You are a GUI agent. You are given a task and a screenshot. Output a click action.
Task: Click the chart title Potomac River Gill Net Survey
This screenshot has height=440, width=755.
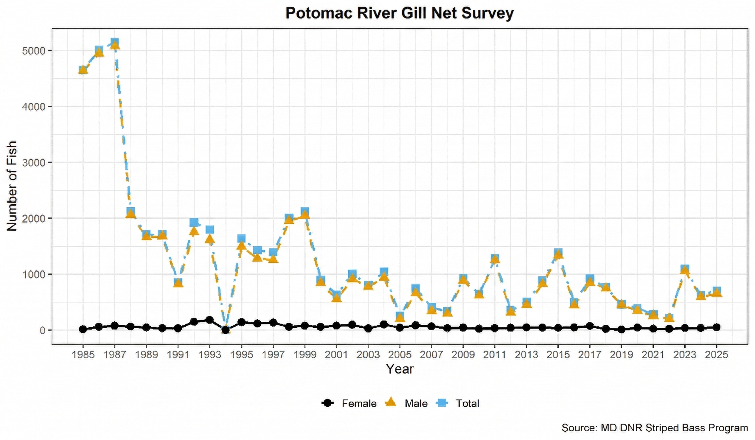click(399, 13)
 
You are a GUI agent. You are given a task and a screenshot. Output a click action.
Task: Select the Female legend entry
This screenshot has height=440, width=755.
click(349, 403)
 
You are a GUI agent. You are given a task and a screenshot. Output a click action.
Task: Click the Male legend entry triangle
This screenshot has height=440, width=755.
click(391, 403)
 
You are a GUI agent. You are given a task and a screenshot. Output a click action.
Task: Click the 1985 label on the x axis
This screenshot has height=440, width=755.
click(83, 355)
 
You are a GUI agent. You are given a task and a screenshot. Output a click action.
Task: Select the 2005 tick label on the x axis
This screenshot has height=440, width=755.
click(400, 355)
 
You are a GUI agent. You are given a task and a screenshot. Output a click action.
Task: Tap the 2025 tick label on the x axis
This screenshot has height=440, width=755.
click(716, 355)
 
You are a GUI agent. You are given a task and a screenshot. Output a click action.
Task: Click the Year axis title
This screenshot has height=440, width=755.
click(399, 369)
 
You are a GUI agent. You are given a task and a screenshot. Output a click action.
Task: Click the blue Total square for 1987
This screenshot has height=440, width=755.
click(115, 43)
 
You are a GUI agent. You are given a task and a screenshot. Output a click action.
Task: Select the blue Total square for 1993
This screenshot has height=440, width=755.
click(210, 230)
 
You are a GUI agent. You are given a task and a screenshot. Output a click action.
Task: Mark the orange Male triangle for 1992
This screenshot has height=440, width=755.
click(194, 231)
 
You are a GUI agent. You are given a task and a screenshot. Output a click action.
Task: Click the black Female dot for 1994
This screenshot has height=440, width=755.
click(226, 330)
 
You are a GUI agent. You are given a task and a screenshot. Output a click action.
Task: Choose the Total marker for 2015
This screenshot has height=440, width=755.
click(558, 253)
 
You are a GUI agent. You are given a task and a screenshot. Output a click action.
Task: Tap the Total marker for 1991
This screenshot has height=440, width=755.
click(178, 282)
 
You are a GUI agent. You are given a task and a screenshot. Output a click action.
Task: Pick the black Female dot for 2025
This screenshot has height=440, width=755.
click(716, 327)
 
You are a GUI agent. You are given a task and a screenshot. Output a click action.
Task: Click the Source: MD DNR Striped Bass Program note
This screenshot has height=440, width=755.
click(655, 428)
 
